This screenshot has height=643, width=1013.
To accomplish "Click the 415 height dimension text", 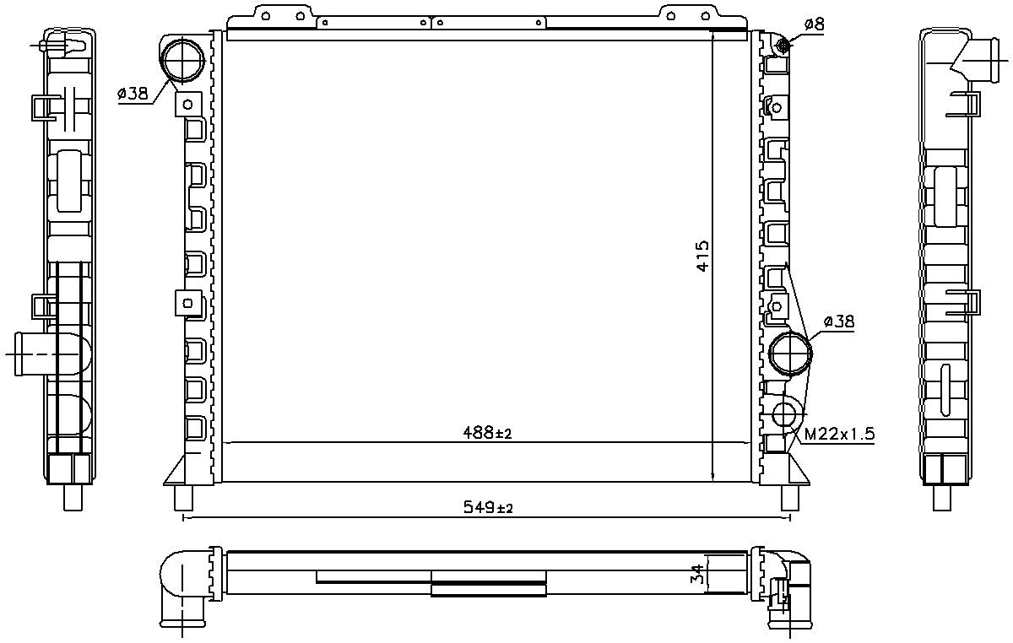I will click(x=702, y=256).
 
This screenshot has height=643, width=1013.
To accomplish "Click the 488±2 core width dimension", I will click(x=488, y=433).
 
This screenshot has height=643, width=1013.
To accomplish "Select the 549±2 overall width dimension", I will click(x=488, y=507).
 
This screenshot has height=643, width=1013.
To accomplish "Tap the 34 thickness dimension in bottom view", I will click(x=696, y=575).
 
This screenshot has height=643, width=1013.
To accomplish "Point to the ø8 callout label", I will click(x=814, y=24).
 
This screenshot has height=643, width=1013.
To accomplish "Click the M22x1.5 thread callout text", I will click(x=838, y=435).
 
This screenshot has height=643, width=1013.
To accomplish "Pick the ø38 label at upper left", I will click(x=133, y=94).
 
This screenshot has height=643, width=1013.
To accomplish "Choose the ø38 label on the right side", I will click(x=838, y=321).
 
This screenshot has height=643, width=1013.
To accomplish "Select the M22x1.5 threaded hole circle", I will click(x=785, y=413).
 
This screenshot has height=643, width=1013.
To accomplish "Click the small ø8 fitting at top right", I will click(x=783, y=45).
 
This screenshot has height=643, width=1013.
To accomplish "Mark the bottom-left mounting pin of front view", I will click(x=183, y=498).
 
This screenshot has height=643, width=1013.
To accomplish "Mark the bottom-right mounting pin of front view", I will click(x=790, y=498).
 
